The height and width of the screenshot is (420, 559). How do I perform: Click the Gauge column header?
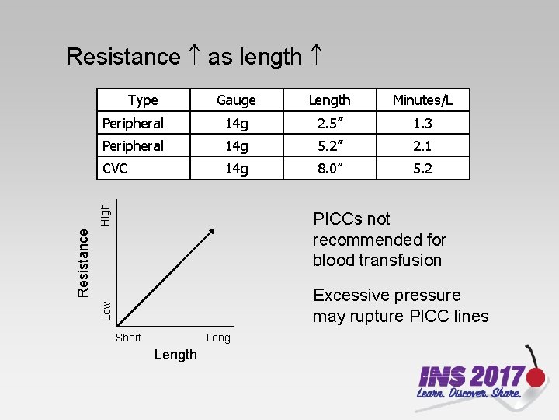pos(236,100)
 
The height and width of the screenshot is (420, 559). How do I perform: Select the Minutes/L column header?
pos(422,100)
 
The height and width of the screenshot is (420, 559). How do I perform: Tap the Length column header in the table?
pos(329,100)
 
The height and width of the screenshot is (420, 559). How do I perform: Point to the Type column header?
pos(143,100)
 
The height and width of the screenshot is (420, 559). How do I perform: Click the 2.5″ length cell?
pos(329,123)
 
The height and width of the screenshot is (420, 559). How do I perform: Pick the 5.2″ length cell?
pos(329,145)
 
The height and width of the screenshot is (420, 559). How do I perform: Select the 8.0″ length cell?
pos(329,168)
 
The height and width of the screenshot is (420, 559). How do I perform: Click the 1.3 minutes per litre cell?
pos(422,123)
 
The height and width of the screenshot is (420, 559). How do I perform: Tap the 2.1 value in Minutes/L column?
pos(422,145)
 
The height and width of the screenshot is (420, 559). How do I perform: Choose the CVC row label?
pos(116,168)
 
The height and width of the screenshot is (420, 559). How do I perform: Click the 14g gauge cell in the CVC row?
pos(236,168)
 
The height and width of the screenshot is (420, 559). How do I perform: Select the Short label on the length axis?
pos(128,338)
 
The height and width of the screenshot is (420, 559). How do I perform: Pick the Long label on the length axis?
pos(218,338)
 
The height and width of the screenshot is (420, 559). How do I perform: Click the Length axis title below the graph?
pos(175,355)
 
